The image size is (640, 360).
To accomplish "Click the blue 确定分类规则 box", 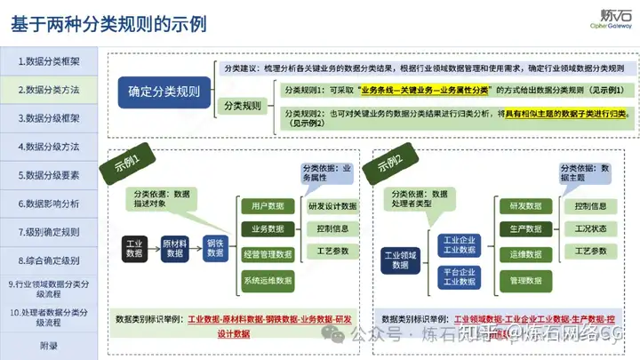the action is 164,92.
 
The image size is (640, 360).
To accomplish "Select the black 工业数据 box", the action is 134,247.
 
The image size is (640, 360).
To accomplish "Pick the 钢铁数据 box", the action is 216,247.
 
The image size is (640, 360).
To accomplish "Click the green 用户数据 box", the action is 267,206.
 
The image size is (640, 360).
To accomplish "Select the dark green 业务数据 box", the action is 267,229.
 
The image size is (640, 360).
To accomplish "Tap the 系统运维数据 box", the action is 267,281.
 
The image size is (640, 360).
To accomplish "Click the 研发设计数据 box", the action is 332,206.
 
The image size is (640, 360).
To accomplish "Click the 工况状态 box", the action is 591,229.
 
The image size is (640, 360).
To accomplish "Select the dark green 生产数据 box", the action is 525,229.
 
